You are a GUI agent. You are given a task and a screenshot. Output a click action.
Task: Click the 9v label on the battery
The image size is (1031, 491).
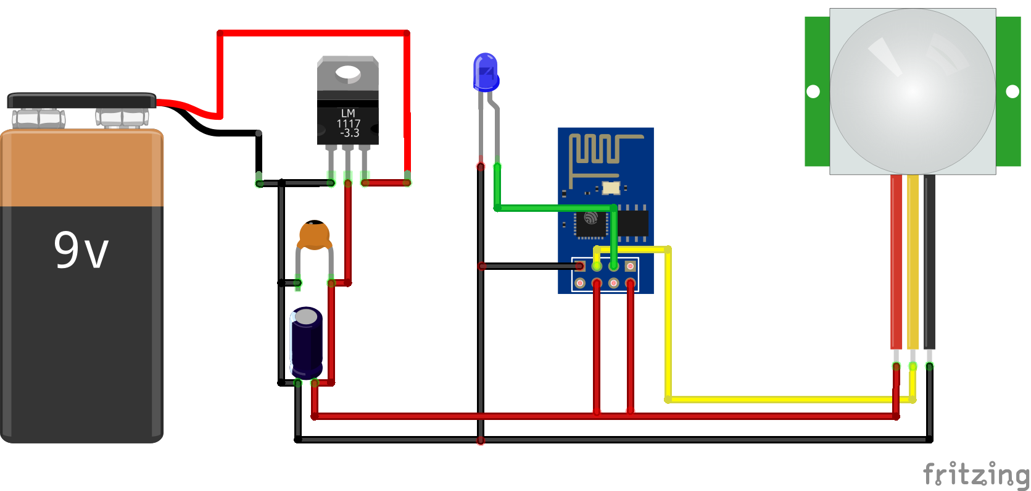[81, 250]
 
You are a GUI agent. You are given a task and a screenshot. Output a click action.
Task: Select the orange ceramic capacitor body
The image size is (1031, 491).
[314, 235]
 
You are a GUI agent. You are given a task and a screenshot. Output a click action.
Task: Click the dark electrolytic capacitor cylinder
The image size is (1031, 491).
[306, 343]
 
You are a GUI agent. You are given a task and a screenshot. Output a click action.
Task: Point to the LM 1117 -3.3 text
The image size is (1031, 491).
[348, 124]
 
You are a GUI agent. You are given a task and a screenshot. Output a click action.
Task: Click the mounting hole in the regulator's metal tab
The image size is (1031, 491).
[347, 75]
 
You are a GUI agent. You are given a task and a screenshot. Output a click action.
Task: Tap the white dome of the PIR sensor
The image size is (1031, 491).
[912, 91]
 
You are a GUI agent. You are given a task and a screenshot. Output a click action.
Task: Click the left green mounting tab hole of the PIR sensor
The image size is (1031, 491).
[813, 91]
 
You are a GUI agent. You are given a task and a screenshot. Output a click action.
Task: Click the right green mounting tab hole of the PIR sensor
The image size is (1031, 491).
[1012, 91]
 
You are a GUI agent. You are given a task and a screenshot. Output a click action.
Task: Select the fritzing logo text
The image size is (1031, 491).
[975, 474]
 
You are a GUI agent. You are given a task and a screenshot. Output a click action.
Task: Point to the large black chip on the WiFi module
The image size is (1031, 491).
[633, 224]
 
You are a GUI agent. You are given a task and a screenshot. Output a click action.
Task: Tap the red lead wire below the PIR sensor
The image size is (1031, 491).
[896, 259]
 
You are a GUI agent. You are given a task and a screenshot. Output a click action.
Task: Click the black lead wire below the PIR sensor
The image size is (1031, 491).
[929, 259]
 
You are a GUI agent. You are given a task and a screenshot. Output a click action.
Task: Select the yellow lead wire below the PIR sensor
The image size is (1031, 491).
[913, 259]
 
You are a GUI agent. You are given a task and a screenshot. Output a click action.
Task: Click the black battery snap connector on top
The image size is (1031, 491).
[81, 100]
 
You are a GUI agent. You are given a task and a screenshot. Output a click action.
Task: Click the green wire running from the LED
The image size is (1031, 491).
[555, 208]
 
